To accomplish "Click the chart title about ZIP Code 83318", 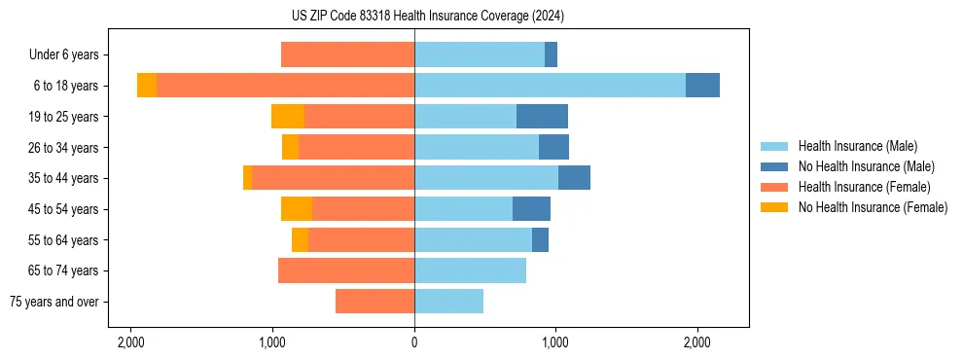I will [414, 17].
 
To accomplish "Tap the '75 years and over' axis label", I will [54, 302].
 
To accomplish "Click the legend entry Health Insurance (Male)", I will [857, 146].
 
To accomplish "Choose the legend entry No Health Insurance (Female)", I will [873, 207].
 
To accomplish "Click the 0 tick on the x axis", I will [414, 342].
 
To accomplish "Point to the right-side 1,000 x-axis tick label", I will [555, 342].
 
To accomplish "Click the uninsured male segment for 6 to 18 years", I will [702, 86].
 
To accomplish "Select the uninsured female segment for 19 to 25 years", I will [288, 117].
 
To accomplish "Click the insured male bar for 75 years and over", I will [448, 302].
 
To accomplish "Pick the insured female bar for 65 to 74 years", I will [346, 270].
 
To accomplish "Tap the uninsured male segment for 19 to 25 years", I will [542, 117].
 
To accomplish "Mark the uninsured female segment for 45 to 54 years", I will [297, 209].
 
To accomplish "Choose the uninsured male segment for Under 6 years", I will [551, 55].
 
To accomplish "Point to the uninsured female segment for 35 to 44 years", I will [248, 178].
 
